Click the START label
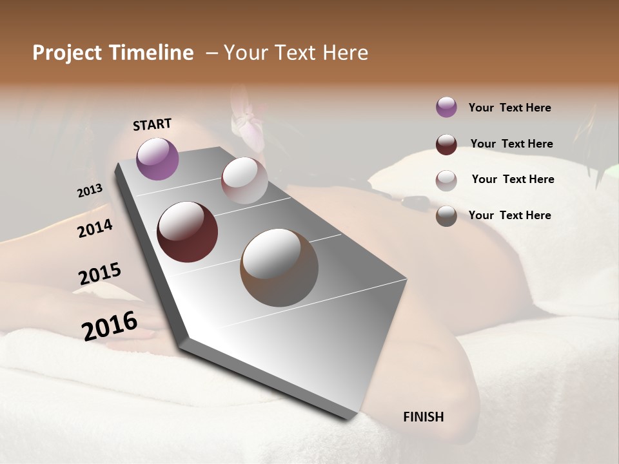[152, 124]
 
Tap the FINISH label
[423, 417]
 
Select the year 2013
[90, 191]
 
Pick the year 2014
[95, 228]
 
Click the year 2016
[109, 325]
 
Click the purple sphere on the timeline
[157, 159]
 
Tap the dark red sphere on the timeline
[187, 232]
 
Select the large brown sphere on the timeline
[279, 267]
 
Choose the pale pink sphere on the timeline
[244, 180]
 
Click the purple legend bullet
[446, 107]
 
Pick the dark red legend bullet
[446, 144]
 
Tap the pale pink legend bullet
[446, 180]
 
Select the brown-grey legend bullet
[446, 216]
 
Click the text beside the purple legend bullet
[509, 108]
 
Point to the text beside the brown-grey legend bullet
[509, 215]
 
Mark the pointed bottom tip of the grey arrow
[348, 418]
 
